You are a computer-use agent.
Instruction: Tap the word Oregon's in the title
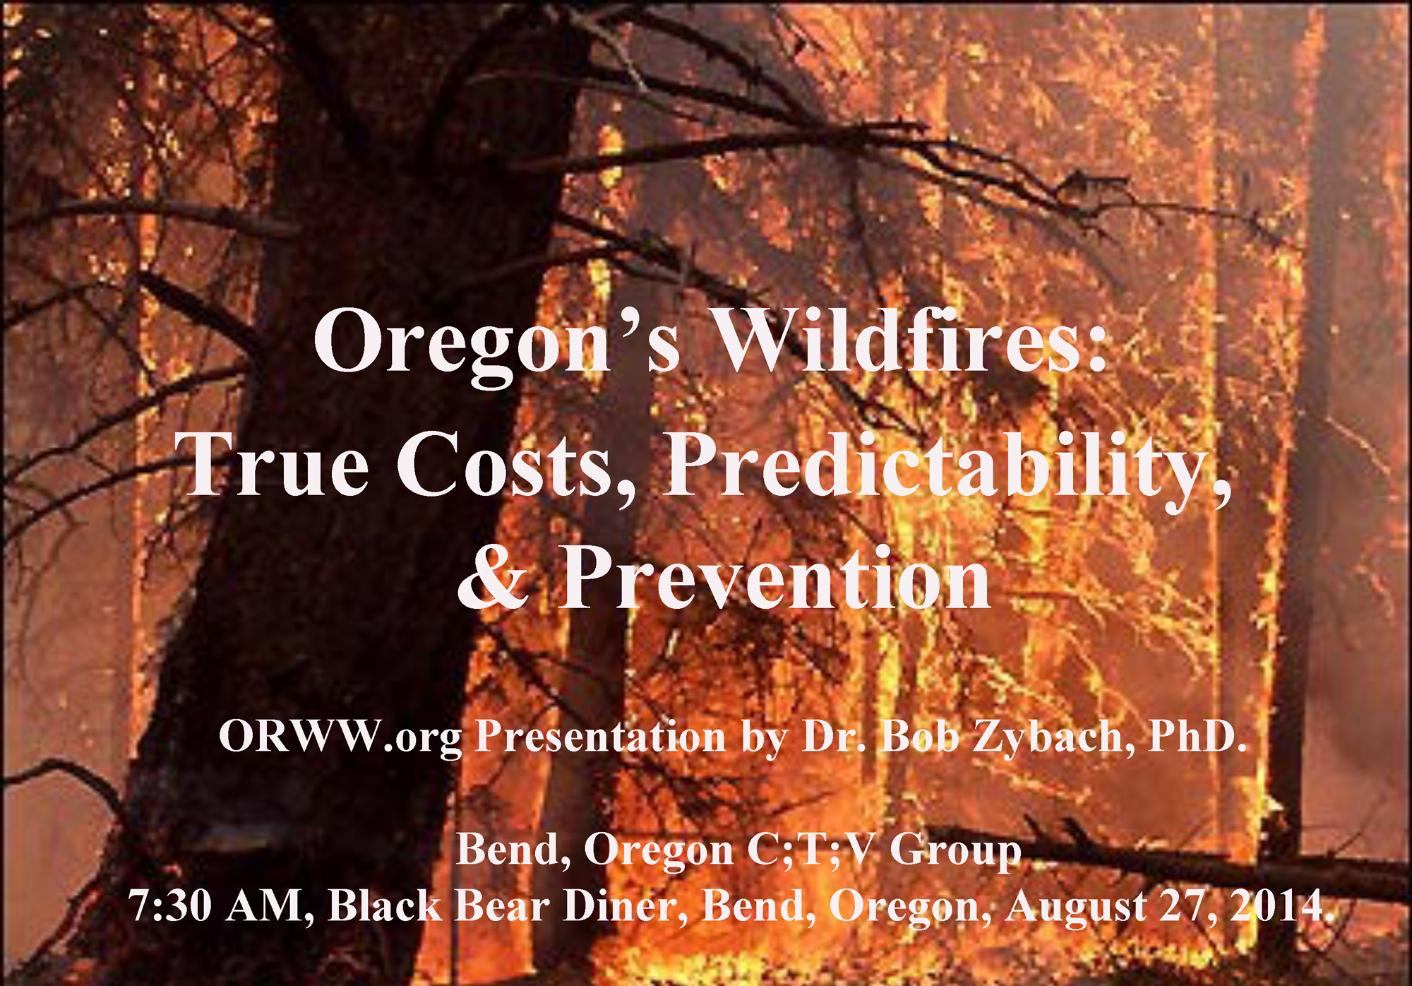(x=498, y=346)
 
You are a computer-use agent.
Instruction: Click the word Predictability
(x=947, y=469)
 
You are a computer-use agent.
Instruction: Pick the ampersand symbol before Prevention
(x=492, y=577)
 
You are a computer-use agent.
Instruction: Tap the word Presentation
(x=601, y=736)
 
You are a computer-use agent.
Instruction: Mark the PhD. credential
(x=1197, y=736)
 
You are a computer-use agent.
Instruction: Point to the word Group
(x=955, y=852)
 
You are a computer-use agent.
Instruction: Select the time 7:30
(x=170, y=905)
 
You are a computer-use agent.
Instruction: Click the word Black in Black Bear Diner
(x=384, y=905)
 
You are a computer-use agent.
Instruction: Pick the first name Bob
(x=920, y=736)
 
